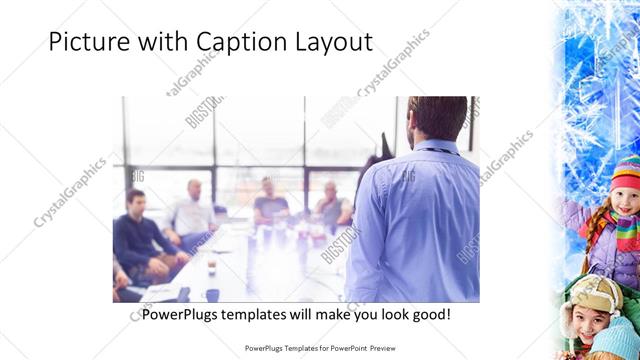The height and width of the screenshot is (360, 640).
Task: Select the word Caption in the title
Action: click(x=238, y=43)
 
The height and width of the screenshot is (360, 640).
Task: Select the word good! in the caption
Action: click(x=428, y=314)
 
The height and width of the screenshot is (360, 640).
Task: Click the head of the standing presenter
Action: click(x=437, y=118)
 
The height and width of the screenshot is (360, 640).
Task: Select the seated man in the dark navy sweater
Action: click(x=136, y=235)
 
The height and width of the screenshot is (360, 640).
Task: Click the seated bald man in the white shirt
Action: click(x=193, y=211)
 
